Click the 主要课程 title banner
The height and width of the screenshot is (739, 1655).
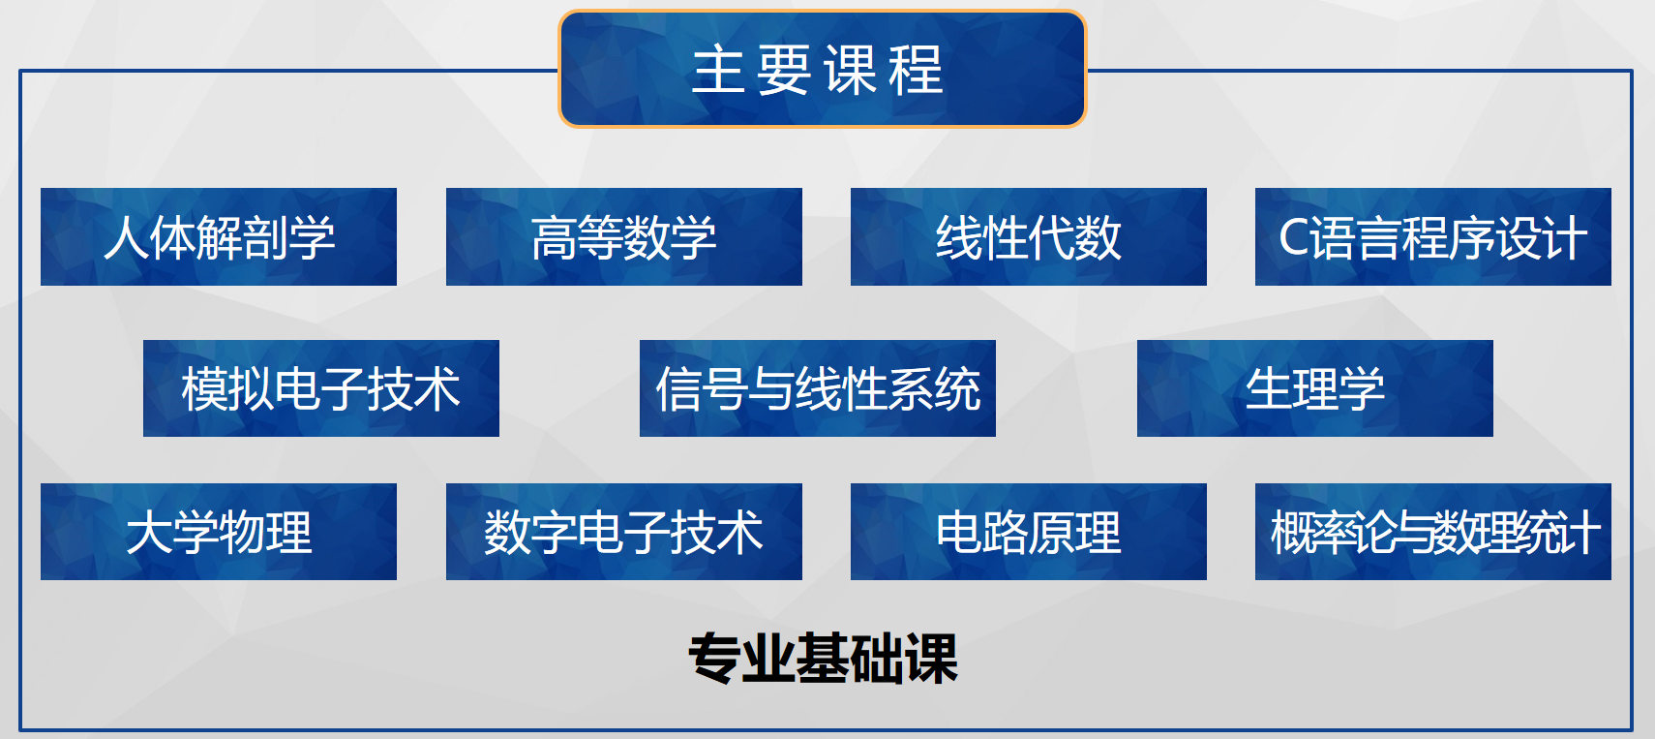click(823, 69)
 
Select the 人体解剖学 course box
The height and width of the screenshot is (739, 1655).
click(219, 236)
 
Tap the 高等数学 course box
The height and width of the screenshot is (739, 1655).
click(624, 236)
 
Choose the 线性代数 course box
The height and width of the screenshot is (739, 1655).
click(1029, 236)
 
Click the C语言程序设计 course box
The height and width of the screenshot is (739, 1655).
click(1433, 236)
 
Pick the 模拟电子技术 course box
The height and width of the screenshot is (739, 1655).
click(321, 388)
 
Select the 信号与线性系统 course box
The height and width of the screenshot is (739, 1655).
click(818, 388)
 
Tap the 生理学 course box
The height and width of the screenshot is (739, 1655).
click(1315, 388)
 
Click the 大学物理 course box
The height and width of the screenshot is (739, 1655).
click(219, 532)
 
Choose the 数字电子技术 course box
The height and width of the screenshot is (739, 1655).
click(624, 532)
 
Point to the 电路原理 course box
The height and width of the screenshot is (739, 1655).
click(1029, 532)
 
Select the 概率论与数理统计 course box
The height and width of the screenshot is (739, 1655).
click(1433, 532)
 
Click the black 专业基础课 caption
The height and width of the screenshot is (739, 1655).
click(823, 658)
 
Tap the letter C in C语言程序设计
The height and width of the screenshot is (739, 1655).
click(1294, 238)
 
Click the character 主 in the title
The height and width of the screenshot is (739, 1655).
click(719, 70)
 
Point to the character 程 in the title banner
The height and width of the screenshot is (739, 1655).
click(917, 70)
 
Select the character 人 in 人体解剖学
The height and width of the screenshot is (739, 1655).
click(126, 238)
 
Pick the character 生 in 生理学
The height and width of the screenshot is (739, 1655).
click(1268, 388)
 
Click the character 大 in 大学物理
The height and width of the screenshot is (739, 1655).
click(149, 532)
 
